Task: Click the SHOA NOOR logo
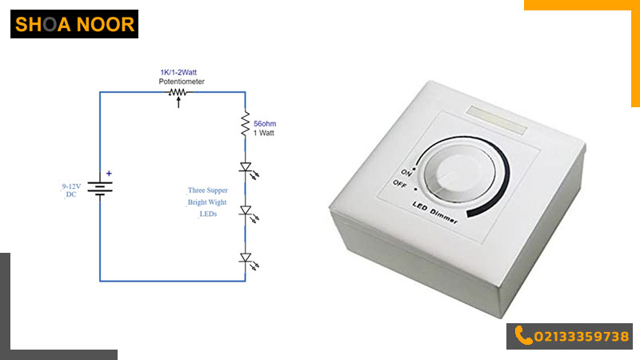click(74, 24)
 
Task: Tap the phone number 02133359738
click(582, 337)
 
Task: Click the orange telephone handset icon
click(523, 335)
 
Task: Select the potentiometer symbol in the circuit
click(178, 96)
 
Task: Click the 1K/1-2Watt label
click(178, 72)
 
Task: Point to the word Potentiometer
click(182, 82)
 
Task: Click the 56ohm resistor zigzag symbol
click(245, 123)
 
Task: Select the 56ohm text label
click(265, 123)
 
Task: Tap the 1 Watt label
click(264, 133)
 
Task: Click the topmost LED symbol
click(247, 170)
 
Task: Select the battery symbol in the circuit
click(100, 189)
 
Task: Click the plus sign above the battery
click(109, 174)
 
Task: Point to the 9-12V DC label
click(71, 190)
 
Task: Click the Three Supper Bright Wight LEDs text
click(207, 202)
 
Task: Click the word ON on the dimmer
click(406, 173)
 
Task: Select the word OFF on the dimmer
click(400, 185)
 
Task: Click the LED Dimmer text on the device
click(434, 212)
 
